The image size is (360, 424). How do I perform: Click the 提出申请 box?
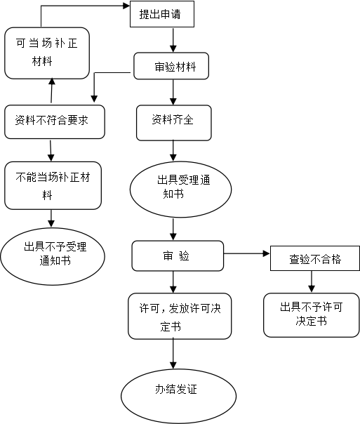[162, 14]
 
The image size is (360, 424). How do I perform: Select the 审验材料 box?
[171, 66]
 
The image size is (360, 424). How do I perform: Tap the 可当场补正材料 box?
[47, 53]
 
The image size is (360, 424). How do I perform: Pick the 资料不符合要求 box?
[55, 122]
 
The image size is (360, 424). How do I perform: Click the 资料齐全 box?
[174, 123]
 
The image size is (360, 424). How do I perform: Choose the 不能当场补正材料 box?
[53, 185]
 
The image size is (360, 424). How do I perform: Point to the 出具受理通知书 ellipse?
[180, 190]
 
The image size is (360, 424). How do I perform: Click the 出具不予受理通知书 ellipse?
[53, 256]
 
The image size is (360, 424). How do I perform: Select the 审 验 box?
[178, 256]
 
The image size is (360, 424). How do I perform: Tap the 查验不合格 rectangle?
[315, 258]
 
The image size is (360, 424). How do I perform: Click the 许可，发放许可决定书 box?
[180, 316]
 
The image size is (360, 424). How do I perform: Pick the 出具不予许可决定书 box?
[312, 315]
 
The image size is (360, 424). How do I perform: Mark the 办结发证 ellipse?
[179, 396]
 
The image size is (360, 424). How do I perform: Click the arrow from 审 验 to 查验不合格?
[247, 253]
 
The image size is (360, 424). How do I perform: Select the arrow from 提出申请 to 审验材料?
[173, 40]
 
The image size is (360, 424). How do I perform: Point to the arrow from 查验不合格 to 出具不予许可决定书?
[312, 281]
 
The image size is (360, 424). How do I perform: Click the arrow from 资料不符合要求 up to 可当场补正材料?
[52, 91]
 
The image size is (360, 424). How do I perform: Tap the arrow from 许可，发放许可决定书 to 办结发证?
[173, 354]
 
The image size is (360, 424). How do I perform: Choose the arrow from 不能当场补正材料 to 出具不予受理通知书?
[51, 218]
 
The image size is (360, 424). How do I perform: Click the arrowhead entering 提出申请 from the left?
[126, 6]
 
